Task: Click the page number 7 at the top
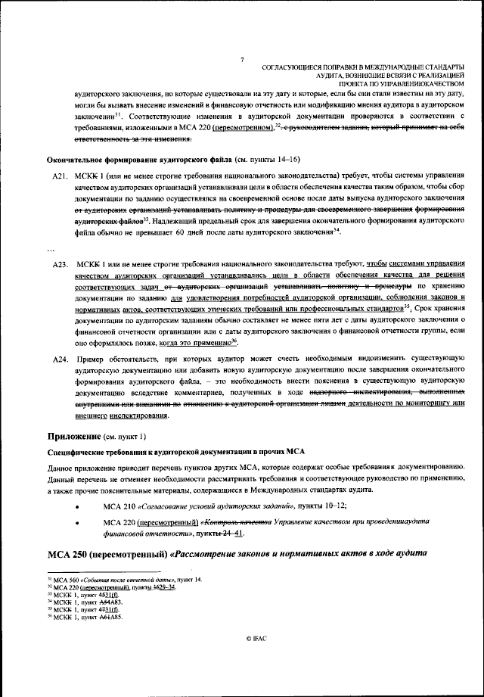(241, 60)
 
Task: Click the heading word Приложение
(74, 437)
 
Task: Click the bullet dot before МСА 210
(78, 506)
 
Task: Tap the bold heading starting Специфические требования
(176, 452)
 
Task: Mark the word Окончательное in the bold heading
(76, 160)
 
